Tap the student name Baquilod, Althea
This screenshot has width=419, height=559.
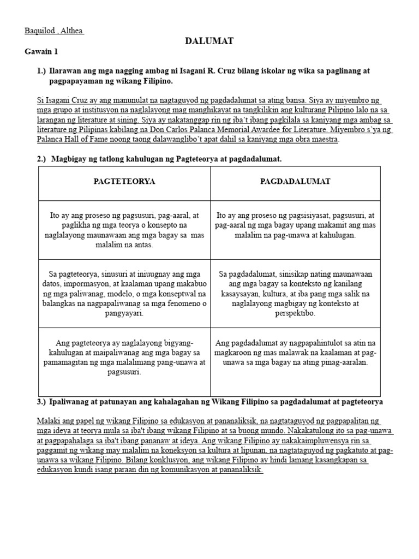pyautogui.click(x=53, y=31)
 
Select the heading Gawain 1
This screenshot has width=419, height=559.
pyautogui.click(x=41, y=52)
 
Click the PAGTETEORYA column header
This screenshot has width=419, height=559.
pyautogui.click(x=124, y=181)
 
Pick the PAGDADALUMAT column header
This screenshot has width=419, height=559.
pyautogui.click(x=295, y=181)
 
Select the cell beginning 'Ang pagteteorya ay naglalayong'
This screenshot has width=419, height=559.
pyautogui.click(x=124, y=357)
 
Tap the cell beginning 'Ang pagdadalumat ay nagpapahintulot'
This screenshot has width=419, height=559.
pyautogui.click(x=295, y=352)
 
